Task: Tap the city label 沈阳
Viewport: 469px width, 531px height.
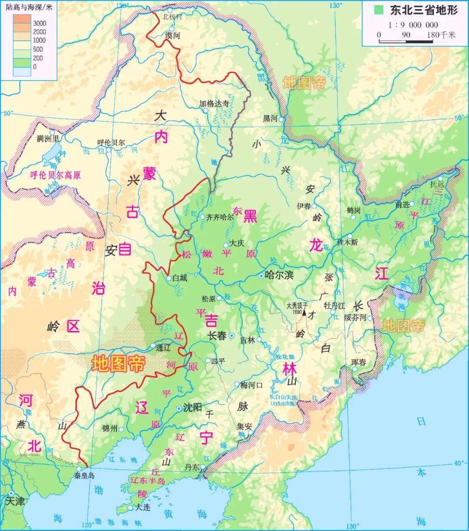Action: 192,408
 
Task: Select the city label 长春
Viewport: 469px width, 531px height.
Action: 218,335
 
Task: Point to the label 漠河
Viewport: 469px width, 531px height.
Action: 172,36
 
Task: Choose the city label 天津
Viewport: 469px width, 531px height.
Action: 16,501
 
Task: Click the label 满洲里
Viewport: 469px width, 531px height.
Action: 48,139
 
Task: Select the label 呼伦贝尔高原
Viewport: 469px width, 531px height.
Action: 55,175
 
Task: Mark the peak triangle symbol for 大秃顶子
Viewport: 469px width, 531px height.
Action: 304,312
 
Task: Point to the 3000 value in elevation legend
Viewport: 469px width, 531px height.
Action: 39,23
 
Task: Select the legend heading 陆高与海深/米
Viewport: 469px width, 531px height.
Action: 29,6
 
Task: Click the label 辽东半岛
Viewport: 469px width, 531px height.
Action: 148,481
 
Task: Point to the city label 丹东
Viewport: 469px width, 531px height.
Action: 192,467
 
